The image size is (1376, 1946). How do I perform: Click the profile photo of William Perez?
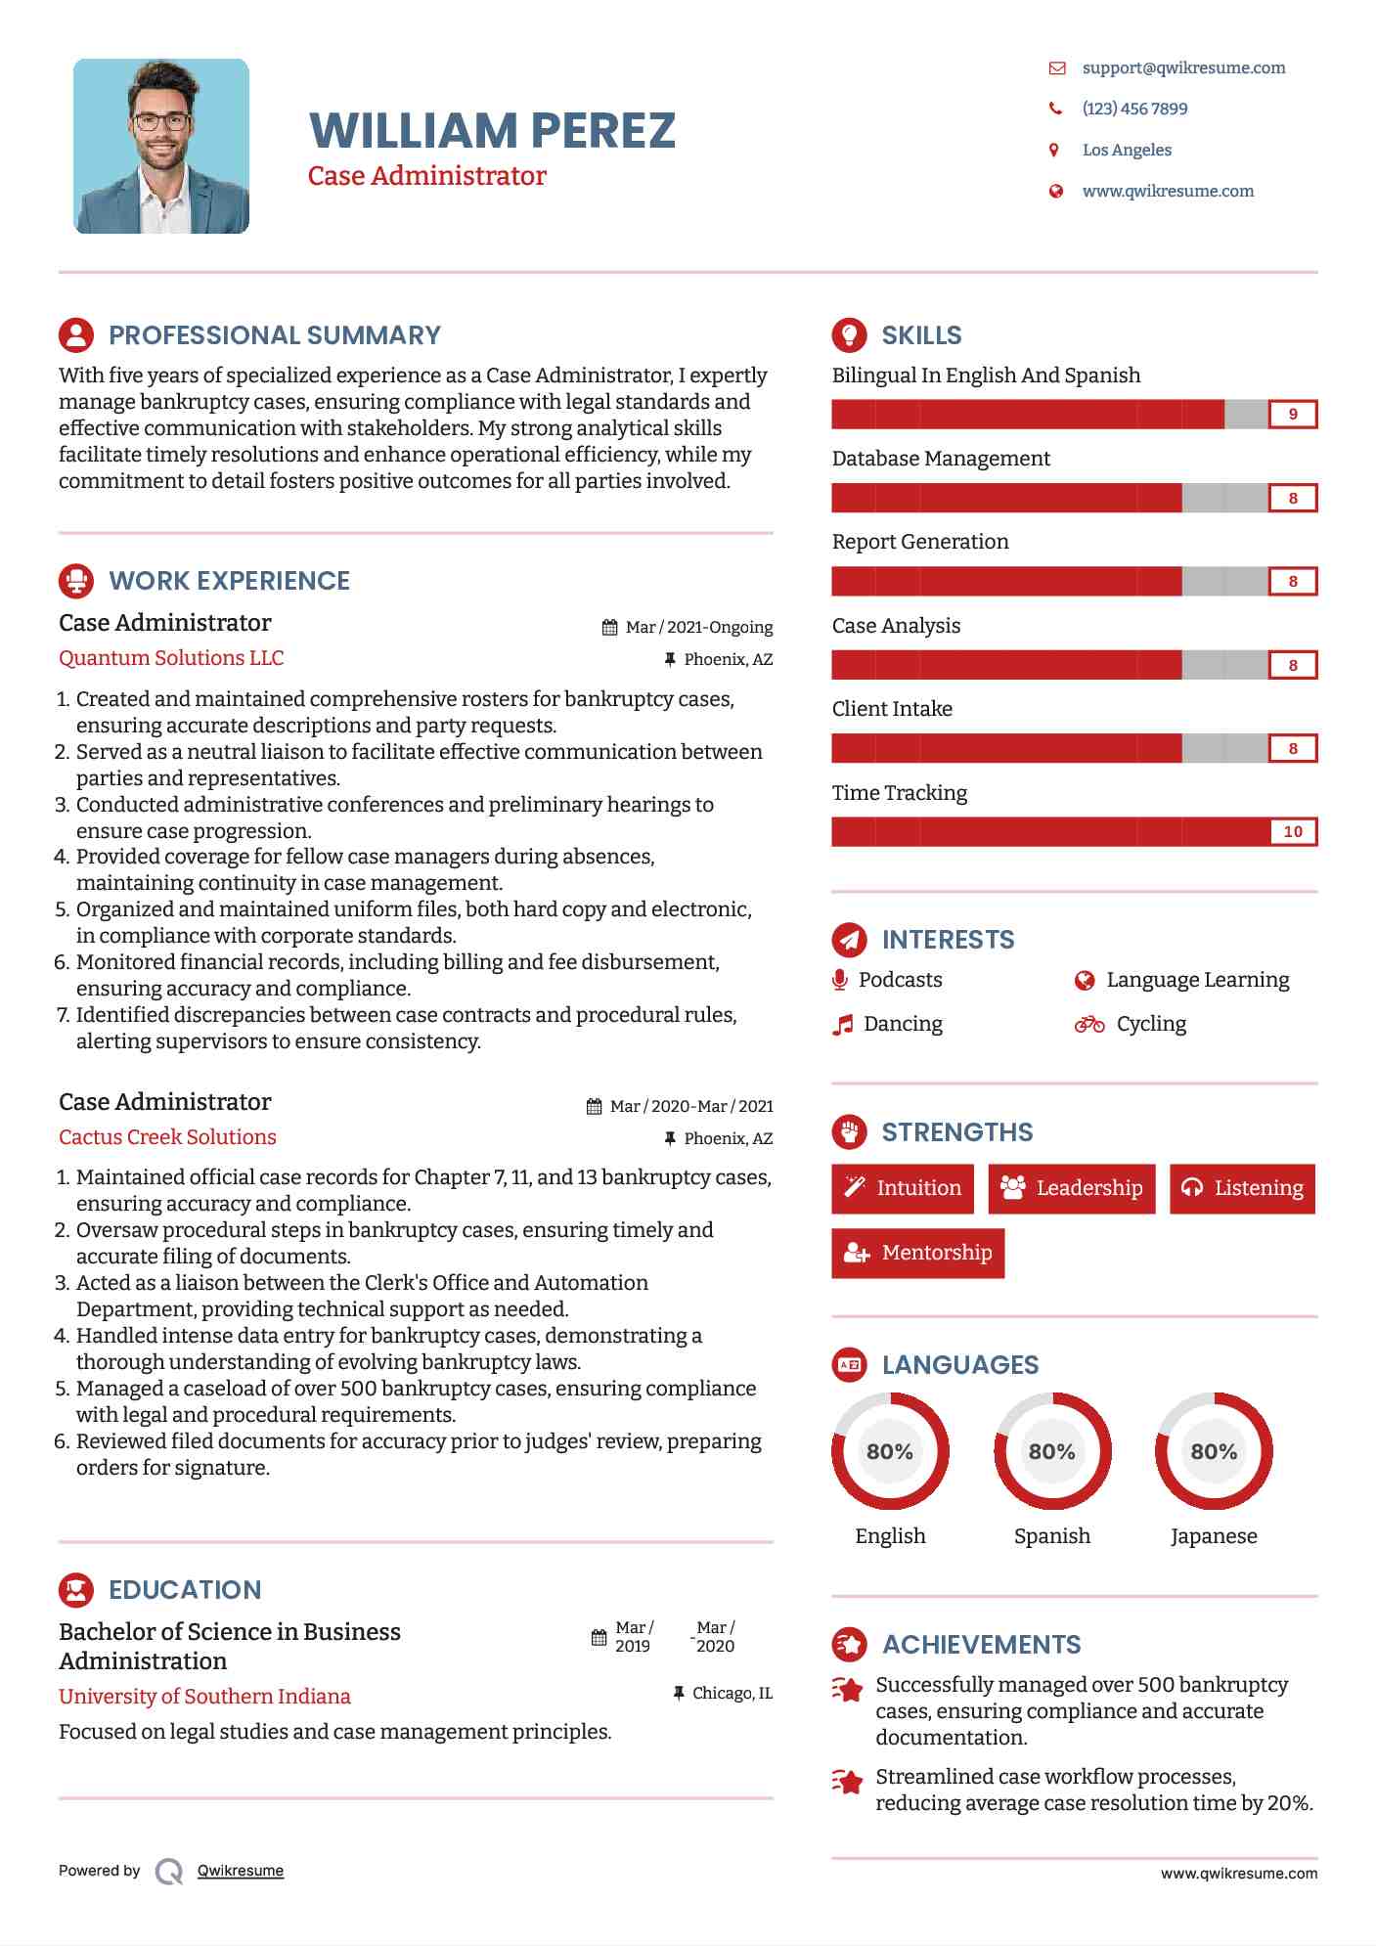161,146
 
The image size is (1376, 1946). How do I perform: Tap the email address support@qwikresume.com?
1183,67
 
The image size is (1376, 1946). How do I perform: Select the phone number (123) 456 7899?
1134,109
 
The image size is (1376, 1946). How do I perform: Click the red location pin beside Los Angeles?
1054,150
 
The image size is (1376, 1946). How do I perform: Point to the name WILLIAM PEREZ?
492,131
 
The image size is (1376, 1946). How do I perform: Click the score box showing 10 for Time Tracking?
1293,832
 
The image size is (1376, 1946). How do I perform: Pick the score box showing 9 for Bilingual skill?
1293,415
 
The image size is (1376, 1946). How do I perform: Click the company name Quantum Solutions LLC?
171,658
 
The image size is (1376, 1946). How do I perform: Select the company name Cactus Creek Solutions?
167,1137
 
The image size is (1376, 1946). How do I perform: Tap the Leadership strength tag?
1072,1188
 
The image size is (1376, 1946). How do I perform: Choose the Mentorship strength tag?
917,1253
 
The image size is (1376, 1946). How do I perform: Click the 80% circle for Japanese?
1214,1451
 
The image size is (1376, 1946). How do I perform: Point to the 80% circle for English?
890,1451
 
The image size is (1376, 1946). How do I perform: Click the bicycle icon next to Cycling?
1089,1024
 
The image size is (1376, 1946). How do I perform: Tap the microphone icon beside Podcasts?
840,980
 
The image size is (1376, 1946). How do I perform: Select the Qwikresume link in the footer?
241,1871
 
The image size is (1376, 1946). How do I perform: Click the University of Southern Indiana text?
204,1697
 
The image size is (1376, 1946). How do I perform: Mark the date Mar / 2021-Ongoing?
698,627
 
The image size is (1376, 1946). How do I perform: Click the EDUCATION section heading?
185,1590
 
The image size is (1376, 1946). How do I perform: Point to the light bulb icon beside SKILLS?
849,335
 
